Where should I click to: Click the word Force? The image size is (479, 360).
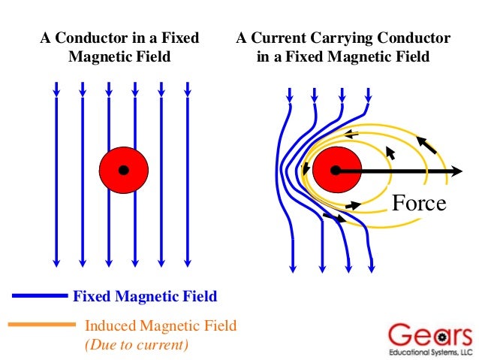click(420, 203)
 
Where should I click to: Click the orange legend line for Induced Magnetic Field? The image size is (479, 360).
click(41, 325)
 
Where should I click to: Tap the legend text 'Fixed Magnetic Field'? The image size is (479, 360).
click(145, 296)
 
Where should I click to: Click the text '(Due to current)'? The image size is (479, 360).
click(136, 345)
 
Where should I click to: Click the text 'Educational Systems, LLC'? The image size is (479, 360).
click(430, 352)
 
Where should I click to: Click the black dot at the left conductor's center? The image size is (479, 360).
click(124, 171)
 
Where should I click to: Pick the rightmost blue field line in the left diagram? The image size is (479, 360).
click(188, 173)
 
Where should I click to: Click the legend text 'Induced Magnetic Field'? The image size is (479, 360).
click(161, 326)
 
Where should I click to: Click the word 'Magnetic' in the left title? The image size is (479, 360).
click(97, 56)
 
